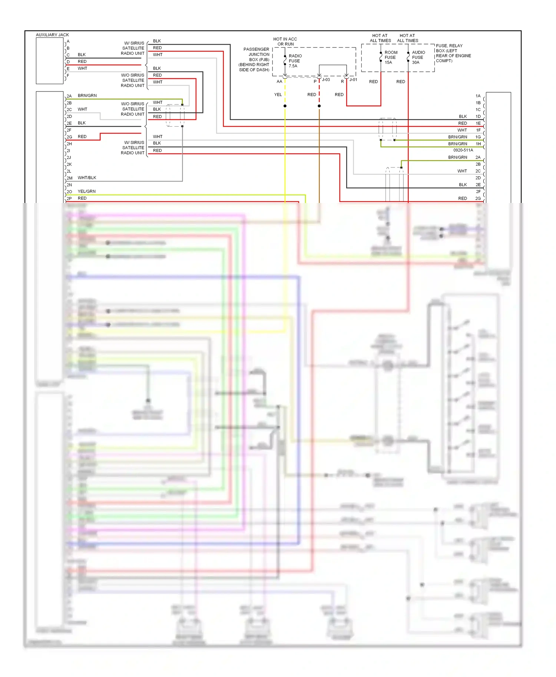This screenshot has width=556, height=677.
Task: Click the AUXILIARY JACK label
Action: pos(52,35)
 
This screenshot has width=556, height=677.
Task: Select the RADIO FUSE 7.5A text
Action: pos(295,61)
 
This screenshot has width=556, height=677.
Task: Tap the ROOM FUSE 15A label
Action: pos(391,57)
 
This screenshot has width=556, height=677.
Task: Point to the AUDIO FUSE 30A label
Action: pos(418,57)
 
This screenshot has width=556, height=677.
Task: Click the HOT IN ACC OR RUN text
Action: pos(285,41)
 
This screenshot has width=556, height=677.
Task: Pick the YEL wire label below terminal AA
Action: pos(278,94)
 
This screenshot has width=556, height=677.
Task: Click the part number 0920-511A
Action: pos(463,150)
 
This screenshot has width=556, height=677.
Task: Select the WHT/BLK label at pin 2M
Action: pos(87,178)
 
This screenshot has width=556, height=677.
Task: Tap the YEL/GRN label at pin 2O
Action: pos(86,191)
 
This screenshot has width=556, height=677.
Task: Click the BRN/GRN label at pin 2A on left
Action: pos(87,96)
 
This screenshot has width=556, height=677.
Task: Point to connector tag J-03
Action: pos(326,80)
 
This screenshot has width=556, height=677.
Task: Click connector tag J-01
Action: pos(353,80)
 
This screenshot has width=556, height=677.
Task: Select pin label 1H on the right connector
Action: pos(478,144)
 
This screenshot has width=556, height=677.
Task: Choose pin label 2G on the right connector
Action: pos(478,199)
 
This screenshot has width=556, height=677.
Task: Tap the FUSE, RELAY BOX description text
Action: pos(453,53)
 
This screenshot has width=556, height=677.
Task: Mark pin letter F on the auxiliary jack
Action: pos(68,75)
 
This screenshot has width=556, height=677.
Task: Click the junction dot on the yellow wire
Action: pos(285,106)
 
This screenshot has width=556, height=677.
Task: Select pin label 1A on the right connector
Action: pos(478,96)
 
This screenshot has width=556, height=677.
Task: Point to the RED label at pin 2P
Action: pos(82,198)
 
